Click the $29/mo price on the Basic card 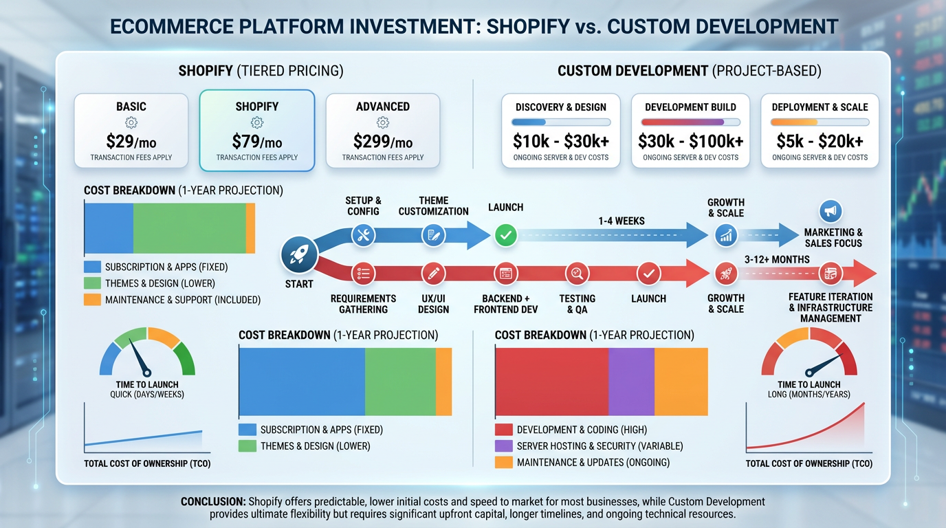click(x=131, y=142)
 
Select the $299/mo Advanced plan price click(x=383, y=142)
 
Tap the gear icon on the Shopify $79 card click(x=257, y=123)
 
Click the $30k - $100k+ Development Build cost click(x=690, y=142)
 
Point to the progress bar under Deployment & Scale click(x=819, y=122)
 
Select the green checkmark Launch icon click(x=506, y=235)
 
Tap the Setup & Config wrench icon click(x=364, y=235)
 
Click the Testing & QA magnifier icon click(x=577, y=274)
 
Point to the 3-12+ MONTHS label click(x=777, y=260)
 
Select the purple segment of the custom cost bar click(x=631, y=382)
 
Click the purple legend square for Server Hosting click(x=504, y=446)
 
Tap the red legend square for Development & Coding click(x=504, y=430)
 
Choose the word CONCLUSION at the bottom click(x=213, y=502)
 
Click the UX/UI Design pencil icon click(x=433, y=274)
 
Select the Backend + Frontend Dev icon click(x=506, y=274)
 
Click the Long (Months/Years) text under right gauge click(x=808, y=395)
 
